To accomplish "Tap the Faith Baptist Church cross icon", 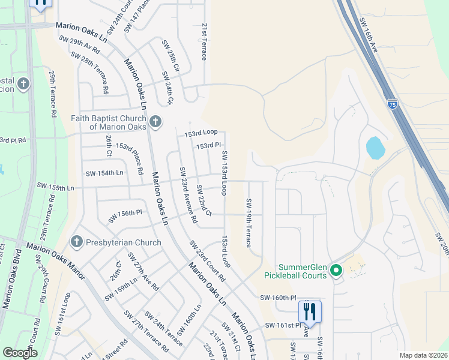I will [x=155, y=122].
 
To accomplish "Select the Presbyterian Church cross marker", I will [x=76, y=242].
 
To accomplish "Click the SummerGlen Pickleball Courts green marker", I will [x=336, y=271].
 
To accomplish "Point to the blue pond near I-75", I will [x=374, y=148].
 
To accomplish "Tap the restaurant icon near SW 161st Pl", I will [x=310, y=311].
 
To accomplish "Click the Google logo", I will [x=20, y=353].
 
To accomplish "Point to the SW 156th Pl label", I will [x=125, y=216].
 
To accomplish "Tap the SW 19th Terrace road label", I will [x=248, y=223].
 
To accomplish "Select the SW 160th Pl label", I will [x=278, y=297].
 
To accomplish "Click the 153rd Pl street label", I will [x=209, y=145].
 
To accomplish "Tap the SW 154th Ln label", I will [x=104, y=173].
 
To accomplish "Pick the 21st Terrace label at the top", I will [x=204, y=42].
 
